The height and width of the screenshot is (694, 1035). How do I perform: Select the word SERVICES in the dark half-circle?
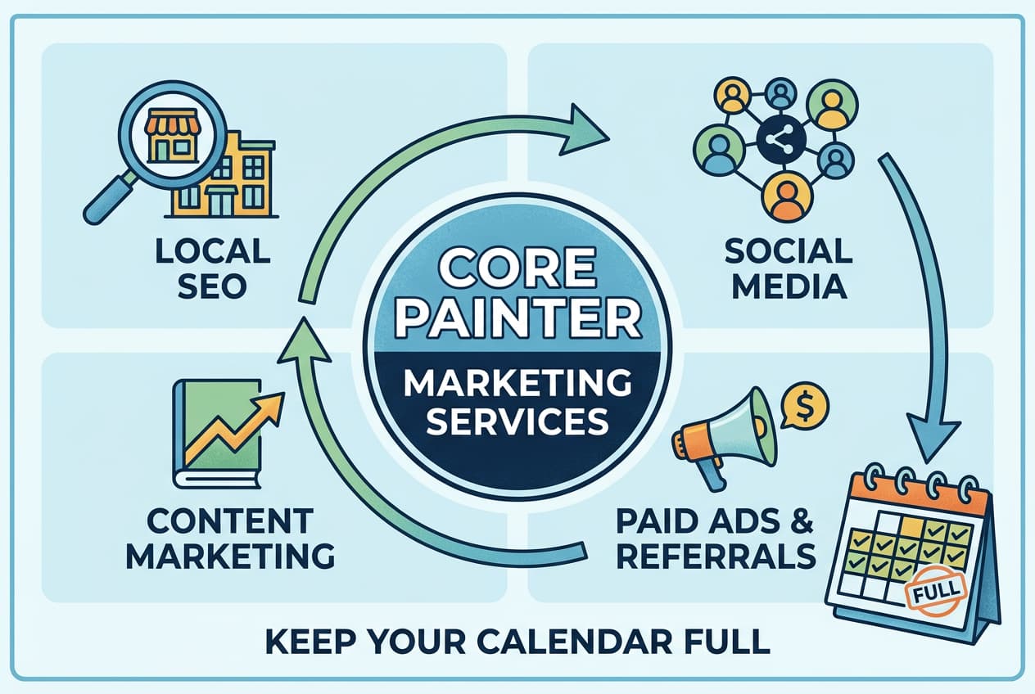(518, 422)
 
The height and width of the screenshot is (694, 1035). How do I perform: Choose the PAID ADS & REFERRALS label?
(715, 538)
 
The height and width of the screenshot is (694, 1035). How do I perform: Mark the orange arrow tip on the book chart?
(272, 403)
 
